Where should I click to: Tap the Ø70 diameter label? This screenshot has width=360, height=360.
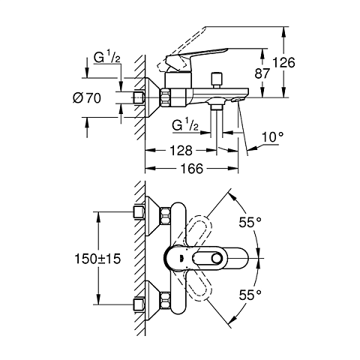(100, 97)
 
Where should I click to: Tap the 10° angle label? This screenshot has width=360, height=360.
(274, 138)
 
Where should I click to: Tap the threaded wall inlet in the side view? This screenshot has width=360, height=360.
(139, 97)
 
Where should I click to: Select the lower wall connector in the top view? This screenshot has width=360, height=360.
(139, 304)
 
